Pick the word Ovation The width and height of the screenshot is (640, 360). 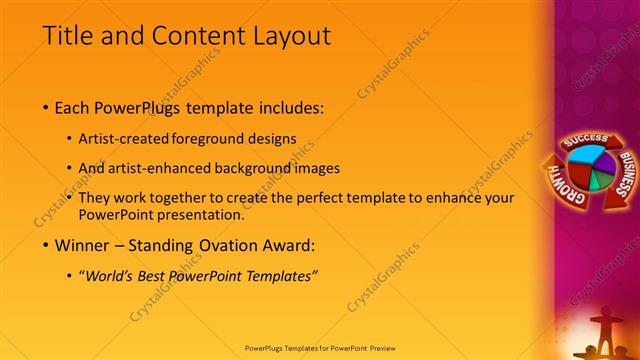226,245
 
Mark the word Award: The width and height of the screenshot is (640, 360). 287,245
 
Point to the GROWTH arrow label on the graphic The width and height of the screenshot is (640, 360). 560,184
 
